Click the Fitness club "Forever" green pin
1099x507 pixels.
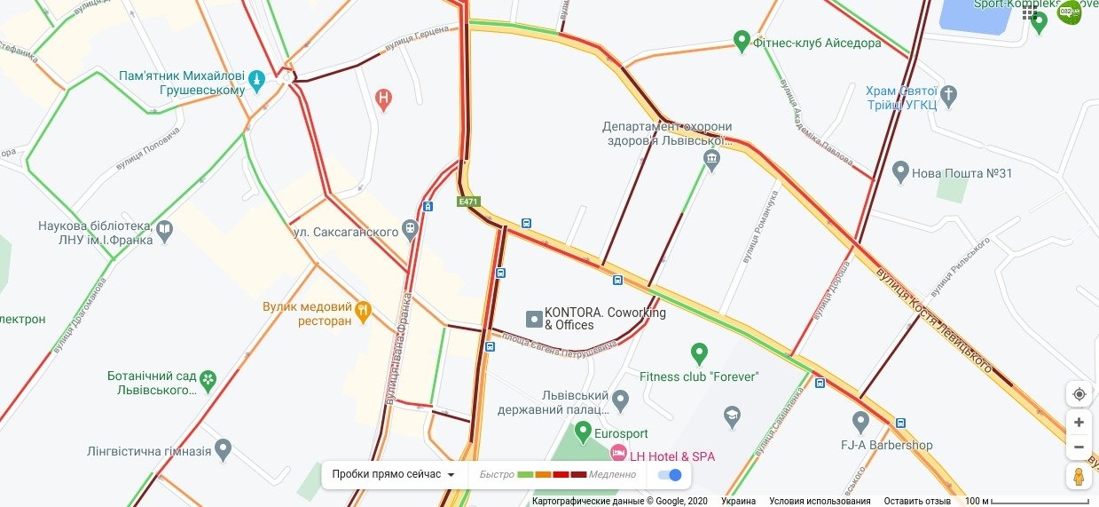699,353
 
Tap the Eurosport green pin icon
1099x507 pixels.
583,432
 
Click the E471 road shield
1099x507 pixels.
468,202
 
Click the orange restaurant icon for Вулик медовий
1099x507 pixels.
363,311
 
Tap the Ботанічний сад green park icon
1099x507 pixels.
208,380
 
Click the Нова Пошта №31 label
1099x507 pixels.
962,173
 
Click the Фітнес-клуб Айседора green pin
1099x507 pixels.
742,41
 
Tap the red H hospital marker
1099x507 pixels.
383,99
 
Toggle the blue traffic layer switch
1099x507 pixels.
670,474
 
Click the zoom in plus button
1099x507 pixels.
1079,423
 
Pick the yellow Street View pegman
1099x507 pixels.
1079,476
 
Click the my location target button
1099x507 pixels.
1079,394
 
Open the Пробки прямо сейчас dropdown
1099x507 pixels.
394,474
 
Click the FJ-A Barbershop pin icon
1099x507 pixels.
860,421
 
